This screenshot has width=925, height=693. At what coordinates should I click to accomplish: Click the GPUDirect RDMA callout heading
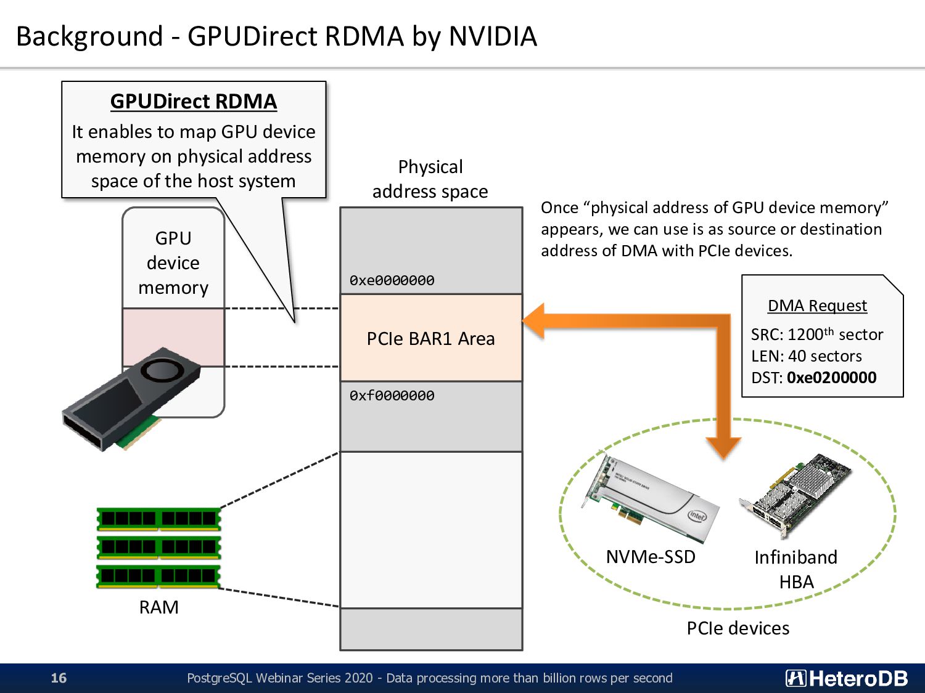tap(194, 102)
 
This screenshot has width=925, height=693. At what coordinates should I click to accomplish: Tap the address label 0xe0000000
tap(392, 280)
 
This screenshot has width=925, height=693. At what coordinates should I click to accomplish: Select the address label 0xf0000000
tap(392, 395)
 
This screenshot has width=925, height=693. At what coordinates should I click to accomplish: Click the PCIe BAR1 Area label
tap(430, 339)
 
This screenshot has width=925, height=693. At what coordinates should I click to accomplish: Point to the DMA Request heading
tap(818, 306)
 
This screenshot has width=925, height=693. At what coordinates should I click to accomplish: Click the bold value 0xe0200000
tap(831, 378)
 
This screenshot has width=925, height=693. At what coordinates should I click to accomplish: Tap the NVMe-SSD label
tap(651, 557)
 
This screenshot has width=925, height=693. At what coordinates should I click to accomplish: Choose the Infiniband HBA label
tap(796, 569)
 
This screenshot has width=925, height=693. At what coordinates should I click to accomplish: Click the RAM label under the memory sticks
tap(159, 607)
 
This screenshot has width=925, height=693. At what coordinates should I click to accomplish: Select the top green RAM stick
tap(158, 519)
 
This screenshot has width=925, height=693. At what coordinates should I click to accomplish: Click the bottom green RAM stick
tap(158, 577)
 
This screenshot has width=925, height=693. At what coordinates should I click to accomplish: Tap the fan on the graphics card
tap(163, 370)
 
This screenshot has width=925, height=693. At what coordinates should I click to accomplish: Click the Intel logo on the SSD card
tap(697, 516)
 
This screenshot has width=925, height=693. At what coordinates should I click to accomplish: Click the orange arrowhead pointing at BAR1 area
tap(533, 320)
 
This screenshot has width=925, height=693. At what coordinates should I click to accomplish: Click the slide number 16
tap(59, 678)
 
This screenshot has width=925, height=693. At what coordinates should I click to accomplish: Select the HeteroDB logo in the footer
tap(846, 678)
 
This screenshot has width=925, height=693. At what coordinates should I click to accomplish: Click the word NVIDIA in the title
tap(493, 36)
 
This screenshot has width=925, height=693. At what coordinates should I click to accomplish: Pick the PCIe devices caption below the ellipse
tap(738, 628)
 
